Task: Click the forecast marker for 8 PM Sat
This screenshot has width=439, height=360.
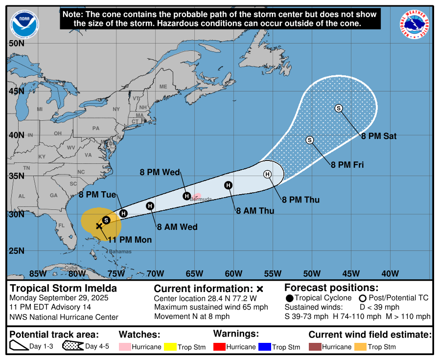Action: point(338,108)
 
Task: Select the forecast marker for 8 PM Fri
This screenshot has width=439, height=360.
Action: point(309,140)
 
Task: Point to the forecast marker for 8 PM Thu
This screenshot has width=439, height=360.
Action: point(267,174)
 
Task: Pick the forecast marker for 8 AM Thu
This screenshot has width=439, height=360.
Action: point(228,185)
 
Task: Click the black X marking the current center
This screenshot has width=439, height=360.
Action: point(99,226)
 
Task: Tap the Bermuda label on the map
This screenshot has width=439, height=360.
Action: point(201,199)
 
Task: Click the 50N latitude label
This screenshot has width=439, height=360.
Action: point(16,43)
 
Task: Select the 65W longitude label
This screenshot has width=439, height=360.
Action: point(194,273)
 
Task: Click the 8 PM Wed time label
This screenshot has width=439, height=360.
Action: point(160,172)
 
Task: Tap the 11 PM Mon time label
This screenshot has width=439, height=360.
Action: point(130,240)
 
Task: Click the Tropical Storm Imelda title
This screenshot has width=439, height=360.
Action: point(64,288)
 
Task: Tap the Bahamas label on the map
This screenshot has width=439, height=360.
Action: point(120,251)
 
